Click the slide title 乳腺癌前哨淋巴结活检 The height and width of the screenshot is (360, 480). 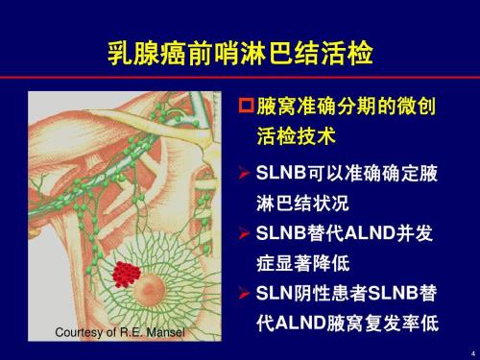point(239,51)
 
